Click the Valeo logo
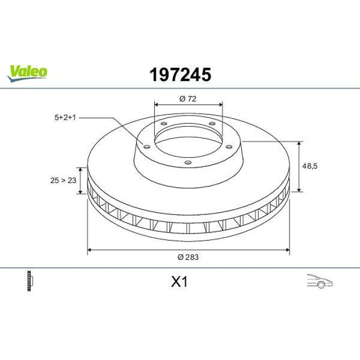coord(27,73)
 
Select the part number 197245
coord(180,75)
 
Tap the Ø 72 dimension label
coord(188,99)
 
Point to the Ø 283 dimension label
coord(188,257)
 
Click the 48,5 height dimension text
coord(310,166)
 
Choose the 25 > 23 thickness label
coord(63,181)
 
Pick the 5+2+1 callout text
coord(65,118)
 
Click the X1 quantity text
coord(179,282)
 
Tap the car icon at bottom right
coord(320,281)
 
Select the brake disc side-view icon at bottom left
coord(30,281)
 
